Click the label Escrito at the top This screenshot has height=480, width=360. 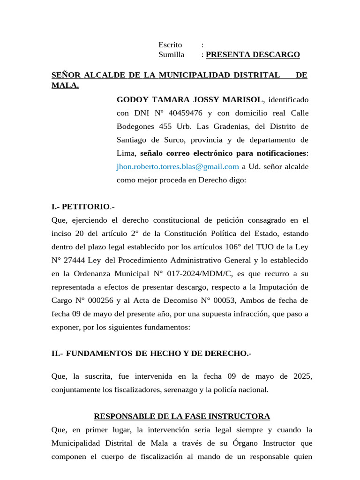[170, 45]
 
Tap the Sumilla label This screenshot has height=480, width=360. [171, 55]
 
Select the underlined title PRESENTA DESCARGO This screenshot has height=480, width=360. [253, 55]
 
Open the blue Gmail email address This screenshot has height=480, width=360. [178, 166]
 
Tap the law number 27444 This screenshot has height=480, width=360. [75, 260]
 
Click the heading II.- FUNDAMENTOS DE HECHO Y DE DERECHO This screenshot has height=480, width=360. [151, 354]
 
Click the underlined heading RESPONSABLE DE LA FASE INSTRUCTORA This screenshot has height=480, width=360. [182, 416]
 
